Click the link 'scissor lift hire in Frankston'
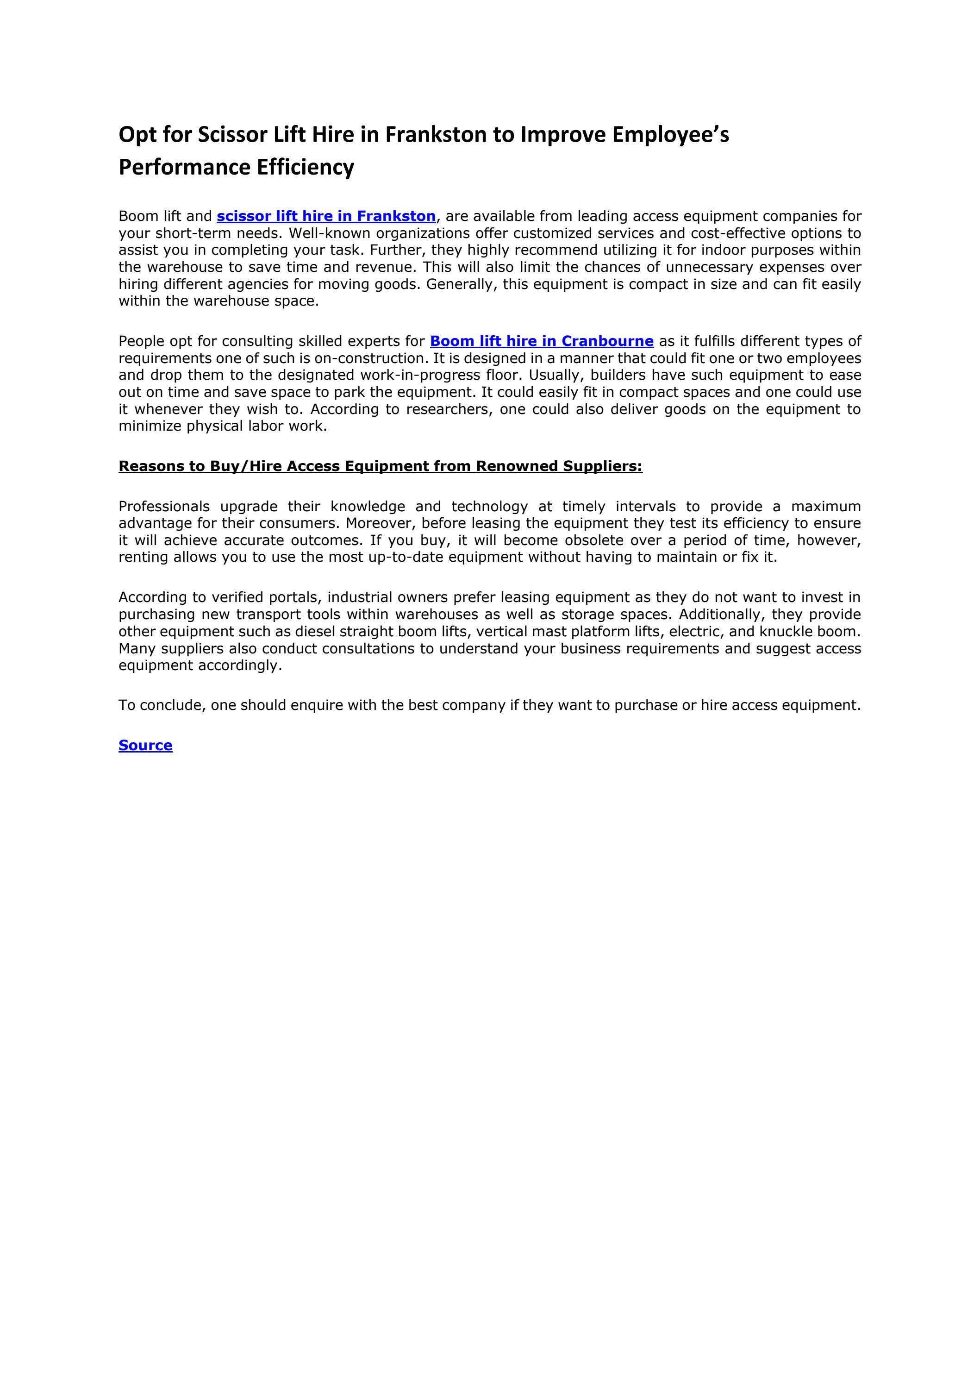point(326,216)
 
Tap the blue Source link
point(145,746)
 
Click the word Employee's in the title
point(670,135)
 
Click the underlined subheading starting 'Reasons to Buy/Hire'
point(380,466)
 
